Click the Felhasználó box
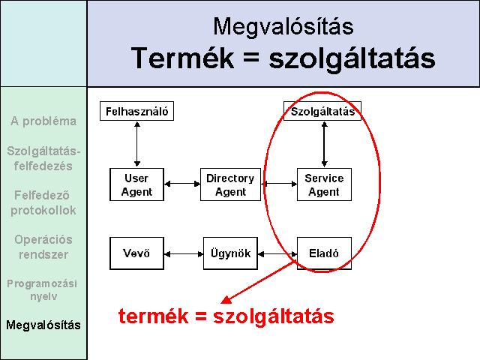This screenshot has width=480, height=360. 136,111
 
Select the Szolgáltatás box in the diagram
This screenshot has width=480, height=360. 322,111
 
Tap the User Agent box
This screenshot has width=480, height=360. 136,184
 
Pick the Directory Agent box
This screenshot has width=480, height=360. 230,184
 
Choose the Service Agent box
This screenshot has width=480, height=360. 324,184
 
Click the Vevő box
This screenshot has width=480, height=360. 136,253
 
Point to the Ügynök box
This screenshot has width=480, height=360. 230,253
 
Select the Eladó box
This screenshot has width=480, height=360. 324,253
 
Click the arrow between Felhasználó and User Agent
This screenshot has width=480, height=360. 137,144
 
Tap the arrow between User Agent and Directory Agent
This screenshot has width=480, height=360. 182,184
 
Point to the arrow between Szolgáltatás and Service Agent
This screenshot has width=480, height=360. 325,144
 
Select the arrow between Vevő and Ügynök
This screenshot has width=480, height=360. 184,253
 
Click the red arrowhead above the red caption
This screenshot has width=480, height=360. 226,300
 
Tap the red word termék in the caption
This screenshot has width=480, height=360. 153,316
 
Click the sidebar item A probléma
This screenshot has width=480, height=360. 43,121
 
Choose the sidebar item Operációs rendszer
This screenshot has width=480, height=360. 43,247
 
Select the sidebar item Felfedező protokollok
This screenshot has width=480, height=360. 43,202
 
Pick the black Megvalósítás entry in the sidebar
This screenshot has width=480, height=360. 43,325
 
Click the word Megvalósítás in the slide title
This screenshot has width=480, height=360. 283,26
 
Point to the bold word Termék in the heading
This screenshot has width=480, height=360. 182,58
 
